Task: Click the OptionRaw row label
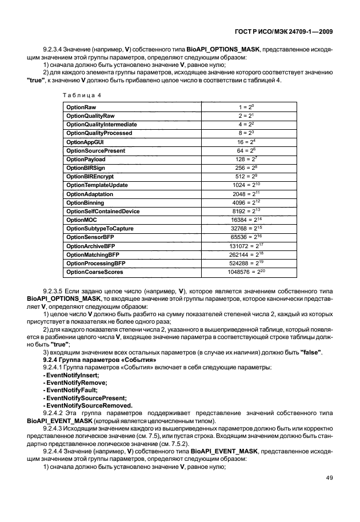(x=81, y=107)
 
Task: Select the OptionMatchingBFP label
(x=93, y=255)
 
